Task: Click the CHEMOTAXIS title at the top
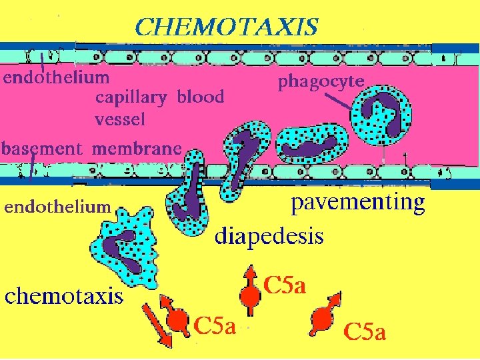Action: [x=226, y=27]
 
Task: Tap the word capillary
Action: [x=131, y=98]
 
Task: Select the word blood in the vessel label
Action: [x=201, y=97]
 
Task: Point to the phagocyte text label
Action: [x=321, y=82]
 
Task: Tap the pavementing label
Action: [x=359, y=203]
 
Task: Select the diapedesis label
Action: [x=269, y=236]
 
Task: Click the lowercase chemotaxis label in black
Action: [x=65, y=295]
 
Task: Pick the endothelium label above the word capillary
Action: [x=56, y=77]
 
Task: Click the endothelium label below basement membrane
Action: [x=57, y=207]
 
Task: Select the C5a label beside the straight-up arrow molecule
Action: [x=285, y=287]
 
